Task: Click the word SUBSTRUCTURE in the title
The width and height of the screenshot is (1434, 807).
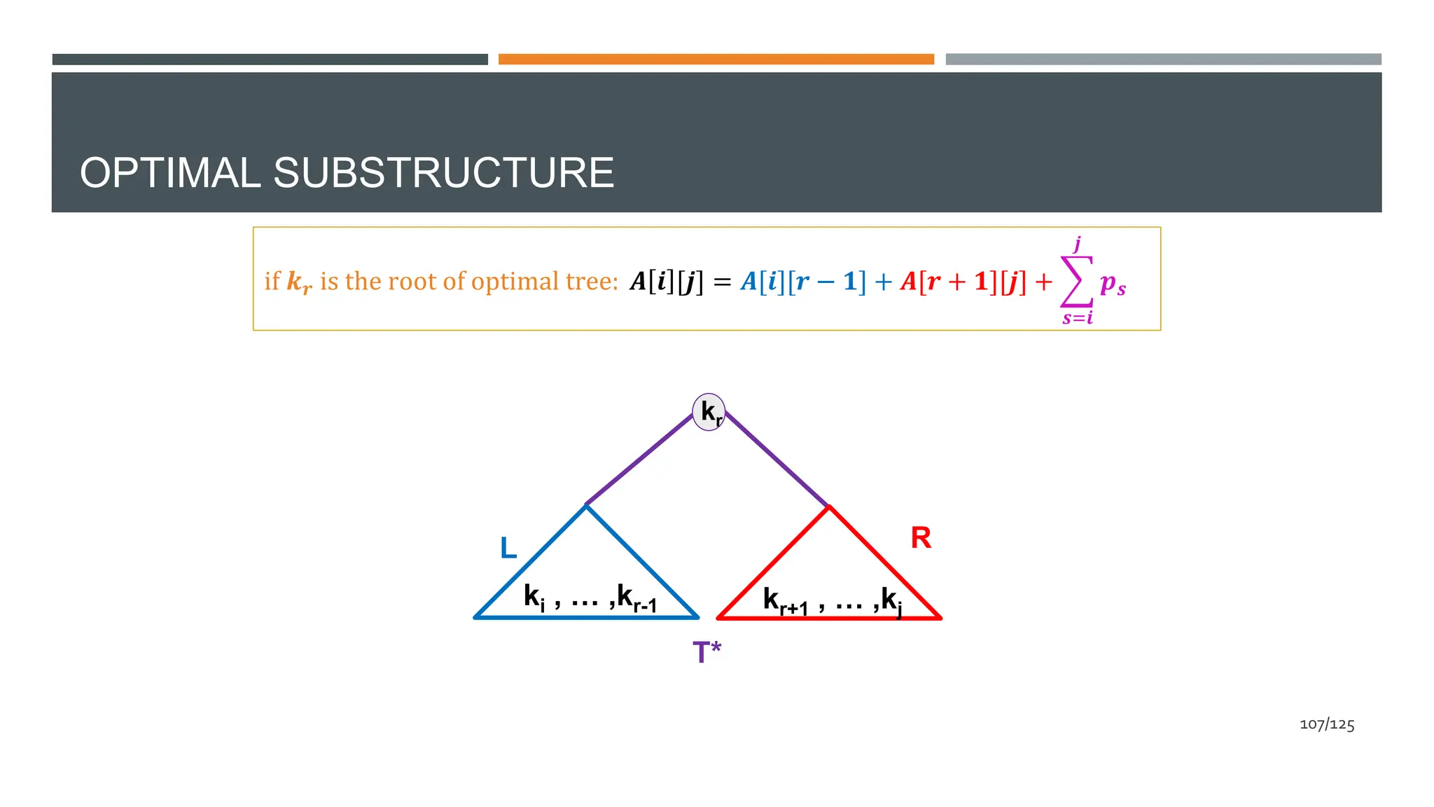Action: click(443, 173)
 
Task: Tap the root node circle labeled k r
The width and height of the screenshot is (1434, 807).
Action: click(709, 412)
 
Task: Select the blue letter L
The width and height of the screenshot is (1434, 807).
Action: click(508, 548)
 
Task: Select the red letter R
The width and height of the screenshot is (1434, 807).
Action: click(921, 538)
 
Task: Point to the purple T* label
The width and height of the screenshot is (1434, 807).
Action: click(706, 652)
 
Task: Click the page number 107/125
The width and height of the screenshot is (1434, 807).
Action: click(1327, 724)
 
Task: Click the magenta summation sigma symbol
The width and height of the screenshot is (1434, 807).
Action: click(1076, 282)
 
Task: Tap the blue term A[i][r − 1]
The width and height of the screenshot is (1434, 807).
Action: click(803, 282)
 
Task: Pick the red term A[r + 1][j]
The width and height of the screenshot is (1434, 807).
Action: click(963, 282)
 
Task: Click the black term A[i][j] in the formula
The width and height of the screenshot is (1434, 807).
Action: click(667, 282)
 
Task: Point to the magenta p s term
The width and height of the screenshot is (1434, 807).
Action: click(1113, 284)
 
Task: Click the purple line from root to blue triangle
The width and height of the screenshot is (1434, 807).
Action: click(639, 460)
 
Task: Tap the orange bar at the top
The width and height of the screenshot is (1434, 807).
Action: click(716, 60)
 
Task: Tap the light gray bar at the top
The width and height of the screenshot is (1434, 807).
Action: click(1163, 60)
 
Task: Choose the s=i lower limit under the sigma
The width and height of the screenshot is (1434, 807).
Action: click(1077, 319)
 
